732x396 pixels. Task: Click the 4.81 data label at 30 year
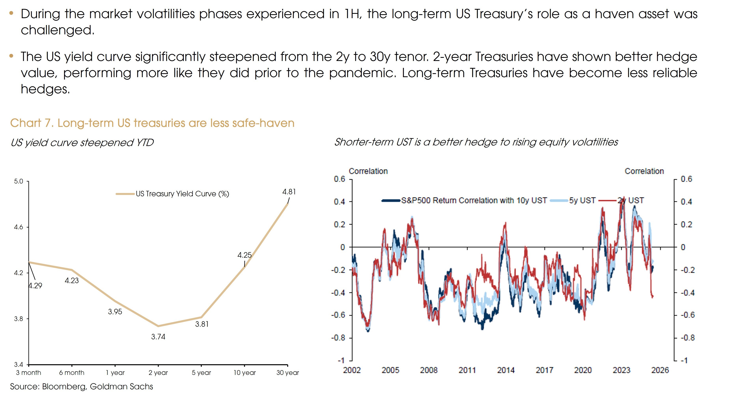(289, 192)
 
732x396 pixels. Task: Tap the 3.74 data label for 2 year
(158, 337)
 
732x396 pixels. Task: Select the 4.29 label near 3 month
(35, 286)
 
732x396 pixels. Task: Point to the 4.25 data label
(244, 255)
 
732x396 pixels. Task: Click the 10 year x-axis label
(244, 373)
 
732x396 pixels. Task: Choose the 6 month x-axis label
(72, 373)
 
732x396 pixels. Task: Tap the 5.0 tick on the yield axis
(19, 181)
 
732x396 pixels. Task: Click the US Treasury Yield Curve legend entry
(182, 194)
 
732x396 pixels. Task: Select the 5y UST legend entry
(582, 200)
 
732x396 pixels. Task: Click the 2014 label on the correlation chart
(506, 370)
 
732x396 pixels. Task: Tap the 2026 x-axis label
(660, 370)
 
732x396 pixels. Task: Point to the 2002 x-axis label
(352, 370)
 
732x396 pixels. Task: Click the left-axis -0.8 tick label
(338, 338)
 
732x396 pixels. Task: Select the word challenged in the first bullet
(57, 30)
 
